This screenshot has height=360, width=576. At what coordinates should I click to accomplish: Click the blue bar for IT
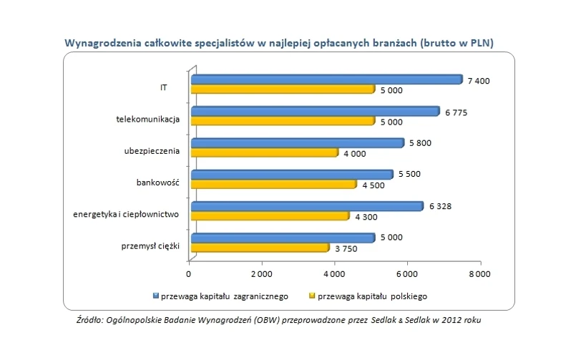pyautogui.click(x=326, y=79)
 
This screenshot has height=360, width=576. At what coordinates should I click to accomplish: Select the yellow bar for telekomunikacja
pyautogui.click(x=282, y=121)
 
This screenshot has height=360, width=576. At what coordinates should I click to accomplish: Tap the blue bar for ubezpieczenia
pyautogui.click(x=296, y=143)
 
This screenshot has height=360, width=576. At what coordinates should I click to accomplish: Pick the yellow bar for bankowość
pyautogui.click(x=273, y=185)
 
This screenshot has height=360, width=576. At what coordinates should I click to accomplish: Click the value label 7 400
pyautogui.click(x=478, y=81)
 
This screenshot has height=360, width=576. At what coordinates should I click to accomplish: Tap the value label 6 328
pyautogui.click(x=439, y=207)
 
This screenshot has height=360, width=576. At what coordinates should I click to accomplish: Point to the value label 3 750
pyautogui.click(x=345, y=248)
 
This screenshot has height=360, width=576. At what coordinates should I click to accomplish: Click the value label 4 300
pyautogui.click(x=365, y=217)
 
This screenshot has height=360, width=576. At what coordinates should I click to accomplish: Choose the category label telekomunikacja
pyautogui.click(x=147, y=118)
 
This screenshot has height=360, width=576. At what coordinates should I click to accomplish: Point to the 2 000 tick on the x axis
pyautogui.click(x=262, y=274)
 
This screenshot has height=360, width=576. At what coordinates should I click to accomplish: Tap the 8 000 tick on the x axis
pyautogui.click(x=479, y=274)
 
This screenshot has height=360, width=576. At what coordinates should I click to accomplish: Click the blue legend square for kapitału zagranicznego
pyautogui.click(x=155, y=295)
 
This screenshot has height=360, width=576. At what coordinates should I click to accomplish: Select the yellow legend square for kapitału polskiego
pyautogui.click(x=311, y=295)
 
